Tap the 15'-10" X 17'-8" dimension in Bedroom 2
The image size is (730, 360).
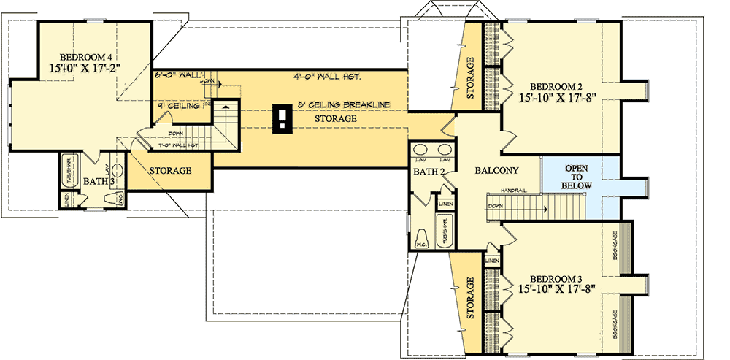[554, 96]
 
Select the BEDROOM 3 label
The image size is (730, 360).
[556, 279]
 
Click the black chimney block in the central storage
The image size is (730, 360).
[281, 118]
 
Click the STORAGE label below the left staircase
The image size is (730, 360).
[170, 171]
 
